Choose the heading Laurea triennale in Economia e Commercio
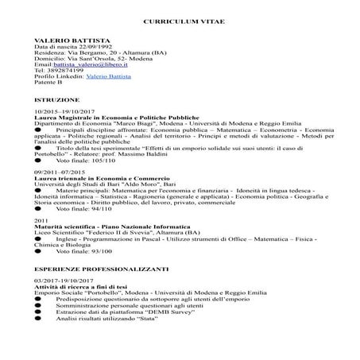(x=91, y=179)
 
